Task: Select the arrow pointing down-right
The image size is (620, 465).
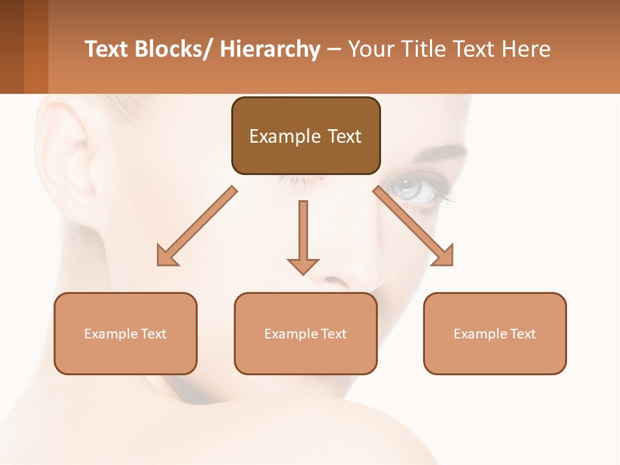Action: (x=413, y=226)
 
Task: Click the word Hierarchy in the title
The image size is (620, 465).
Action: (x=270, y=49)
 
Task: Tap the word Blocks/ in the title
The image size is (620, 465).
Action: (x=174, y=49)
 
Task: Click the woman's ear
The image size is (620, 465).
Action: (x=71, y=161)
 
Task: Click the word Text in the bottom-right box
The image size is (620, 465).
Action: (x=522, y=334)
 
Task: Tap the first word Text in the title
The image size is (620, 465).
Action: (x=107, y=49)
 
